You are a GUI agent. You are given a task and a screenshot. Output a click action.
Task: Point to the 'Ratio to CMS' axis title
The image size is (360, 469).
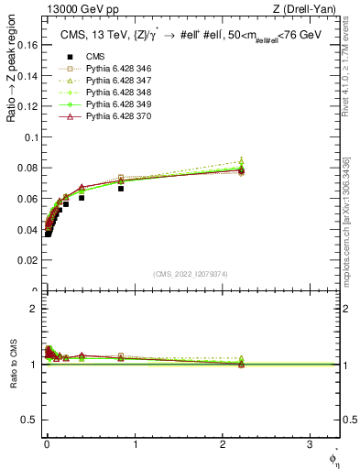(x=12, y=365)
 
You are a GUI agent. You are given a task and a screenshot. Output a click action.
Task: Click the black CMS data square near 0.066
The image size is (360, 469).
(x=121, y=189)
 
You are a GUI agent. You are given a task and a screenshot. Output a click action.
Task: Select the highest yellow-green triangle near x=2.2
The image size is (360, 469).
(x=241, y=161)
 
